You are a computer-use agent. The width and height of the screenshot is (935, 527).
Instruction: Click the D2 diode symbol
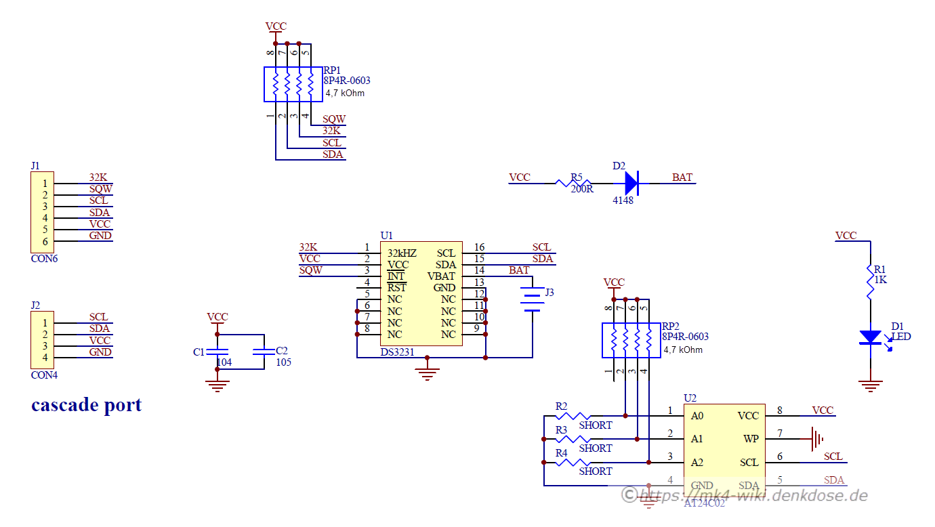[x=630, y=182]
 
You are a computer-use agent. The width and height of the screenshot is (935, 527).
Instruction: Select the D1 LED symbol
[x=870, y=337]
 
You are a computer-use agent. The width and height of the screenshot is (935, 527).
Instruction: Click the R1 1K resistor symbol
[x=870, y=283]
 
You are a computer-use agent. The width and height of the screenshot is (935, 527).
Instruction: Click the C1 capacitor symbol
[x=217, y=352]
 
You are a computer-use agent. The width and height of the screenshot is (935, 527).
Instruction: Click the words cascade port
[x=86, y=405]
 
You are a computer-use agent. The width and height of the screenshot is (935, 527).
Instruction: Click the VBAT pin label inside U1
[x=441, y=276]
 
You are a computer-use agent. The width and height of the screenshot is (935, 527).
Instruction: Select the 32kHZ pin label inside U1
[x=402, y=253]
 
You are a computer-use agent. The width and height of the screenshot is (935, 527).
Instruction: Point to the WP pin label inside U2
[x=751, y=439]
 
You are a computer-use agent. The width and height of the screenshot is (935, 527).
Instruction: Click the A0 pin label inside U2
[x=697, y=416]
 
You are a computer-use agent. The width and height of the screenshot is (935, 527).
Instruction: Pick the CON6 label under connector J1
[x=44, y=258]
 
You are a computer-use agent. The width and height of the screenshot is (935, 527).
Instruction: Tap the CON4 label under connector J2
[x=44, y=375]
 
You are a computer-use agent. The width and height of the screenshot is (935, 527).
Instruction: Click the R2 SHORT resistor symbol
[x=573, y=415]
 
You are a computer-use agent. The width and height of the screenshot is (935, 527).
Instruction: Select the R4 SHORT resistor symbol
[x=573, y=462]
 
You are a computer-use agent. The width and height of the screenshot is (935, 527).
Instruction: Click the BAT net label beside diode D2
[x=682, y=177]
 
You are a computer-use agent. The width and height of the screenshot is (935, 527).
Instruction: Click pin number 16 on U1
[x=479, y=248]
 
